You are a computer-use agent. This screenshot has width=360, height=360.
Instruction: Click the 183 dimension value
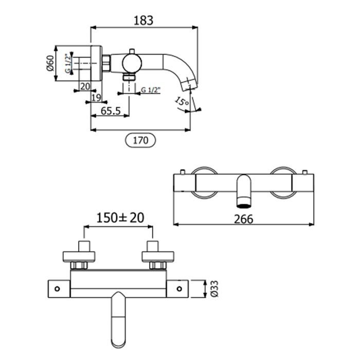coord(143,21)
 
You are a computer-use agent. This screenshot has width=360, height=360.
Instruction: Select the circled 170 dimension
coord(140,140)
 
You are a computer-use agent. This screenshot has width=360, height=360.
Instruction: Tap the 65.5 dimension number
coord(111,111)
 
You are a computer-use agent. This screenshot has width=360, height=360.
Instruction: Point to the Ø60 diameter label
coord(50,63)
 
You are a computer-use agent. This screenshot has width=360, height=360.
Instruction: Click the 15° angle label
coord(182,102)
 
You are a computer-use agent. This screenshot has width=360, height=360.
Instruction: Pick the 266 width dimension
coord(244,219)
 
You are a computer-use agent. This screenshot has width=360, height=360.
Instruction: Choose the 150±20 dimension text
coord(120,218)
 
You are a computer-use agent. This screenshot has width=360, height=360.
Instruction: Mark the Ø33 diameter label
coord(214,289)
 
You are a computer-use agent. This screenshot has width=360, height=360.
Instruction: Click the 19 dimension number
coord(96,98)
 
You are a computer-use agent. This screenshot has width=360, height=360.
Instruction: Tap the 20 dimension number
coord(85,86)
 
